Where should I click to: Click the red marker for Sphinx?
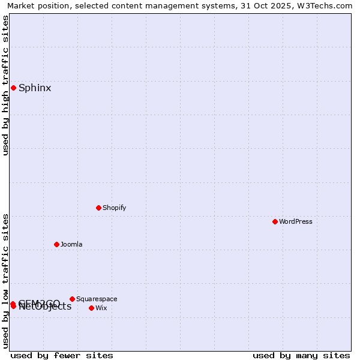click(13, 88)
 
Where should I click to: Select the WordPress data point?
click(275, 221)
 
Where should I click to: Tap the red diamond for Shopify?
click(98, 208)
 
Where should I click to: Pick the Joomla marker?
click(56, 244)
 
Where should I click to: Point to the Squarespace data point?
click(72, 299)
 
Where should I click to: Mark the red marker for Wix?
click(91, 308)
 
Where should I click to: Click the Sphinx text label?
click(35, 88)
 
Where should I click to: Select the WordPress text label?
click(296, 221)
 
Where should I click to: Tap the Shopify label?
click(115, 208)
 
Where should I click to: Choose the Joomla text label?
click(71, 244)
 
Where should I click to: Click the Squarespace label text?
click(97, 299)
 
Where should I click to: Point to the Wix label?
click(101, 308)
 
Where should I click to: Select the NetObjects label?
click(46, 308)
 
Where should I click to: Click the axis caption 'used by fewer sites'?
click(62, 355)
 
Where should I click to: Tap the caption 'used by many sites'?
click(301, 355)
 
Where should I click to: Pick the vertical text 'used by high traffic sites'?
click(5, 85)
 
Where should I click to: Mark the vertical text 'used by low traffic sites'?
click(5, 281)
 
